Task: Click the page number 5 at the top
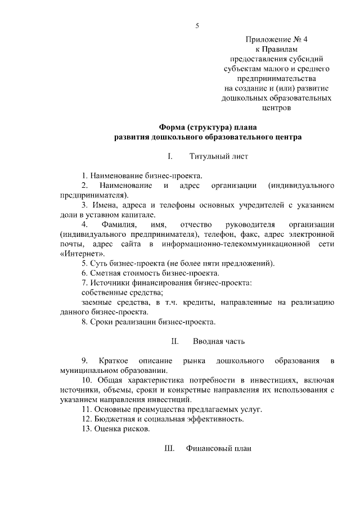click(197, 25)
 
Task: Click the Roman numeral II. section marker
click(174, 341)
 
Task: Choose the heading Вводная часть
click(219, 341)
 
